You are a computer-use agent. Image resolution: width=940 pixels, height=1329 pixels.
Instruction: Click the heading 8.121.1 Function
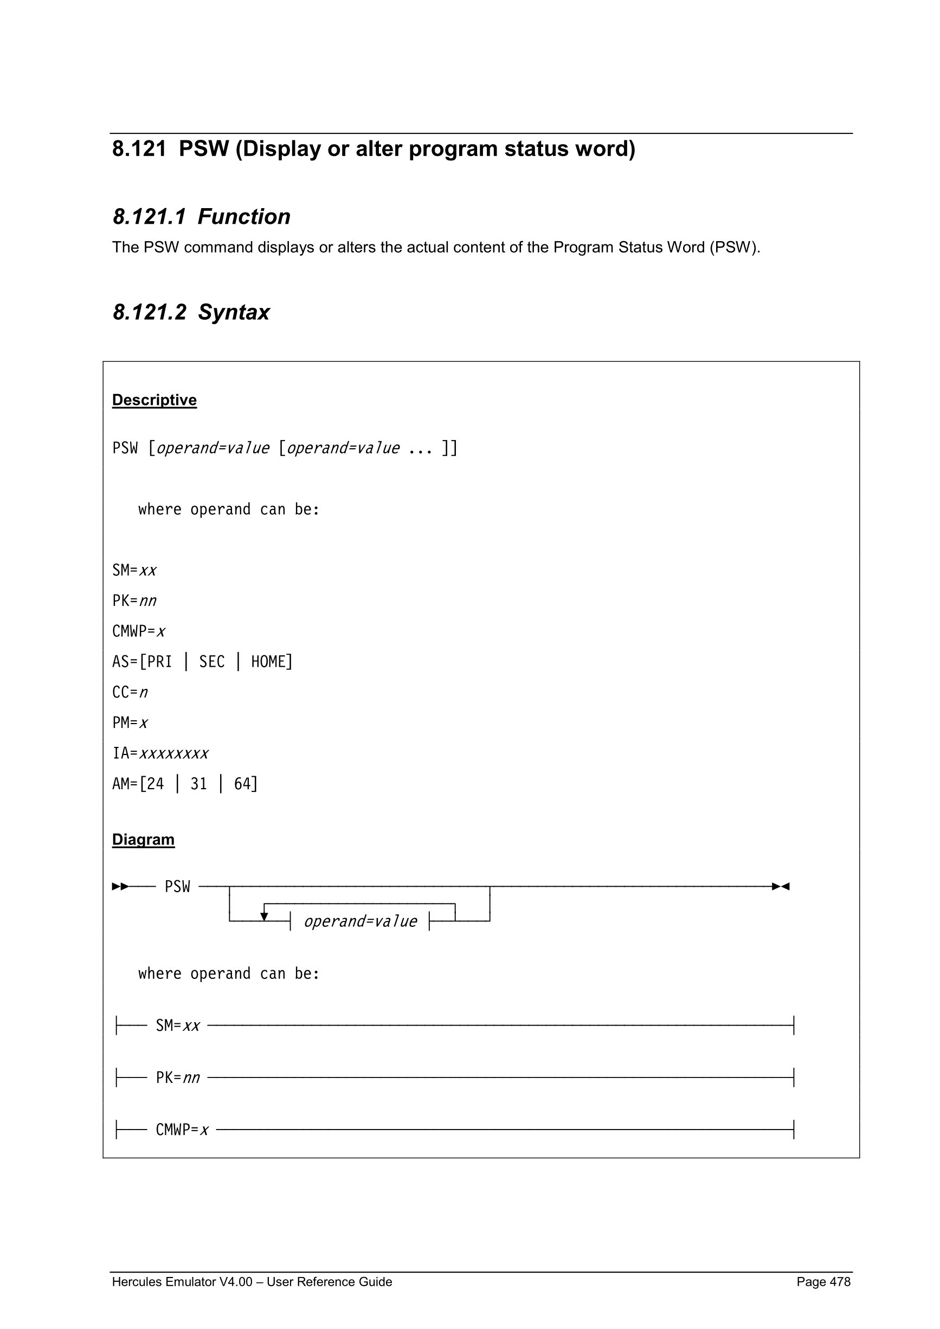(x=201, y=216)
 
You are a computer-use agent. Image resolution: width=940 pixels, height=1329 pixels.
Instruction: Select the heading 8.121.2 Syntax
(x=191, y=312)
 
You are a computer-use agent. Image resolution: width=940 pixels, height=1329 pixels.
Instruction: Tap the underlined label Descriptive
(x=154, y=400)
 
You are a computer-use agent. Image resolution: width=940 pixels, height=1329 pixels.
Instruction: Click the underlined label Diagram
(x=143, y=840)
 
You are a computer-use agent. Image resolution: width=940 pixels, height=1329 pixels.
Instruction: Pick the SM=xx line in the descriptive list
(x=134, y=570)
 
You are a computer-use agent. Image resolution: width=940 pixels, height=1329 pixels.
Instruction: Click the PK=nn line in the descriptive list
(x=134, y=601)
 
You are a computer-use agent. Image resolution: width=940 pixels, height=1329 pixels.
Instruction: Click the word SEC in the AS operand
(x=211, y=662)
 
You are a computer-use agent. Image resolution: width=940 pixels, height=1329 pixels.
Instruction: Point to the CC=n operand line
(x=130, y=692)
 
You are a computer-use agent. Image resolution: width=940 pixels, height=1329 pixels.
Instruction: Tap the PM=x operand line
(x=130, y=723)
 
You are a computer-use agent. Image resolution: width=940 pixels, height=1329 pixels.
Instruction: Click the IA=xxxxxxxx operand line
(x=160, y=753)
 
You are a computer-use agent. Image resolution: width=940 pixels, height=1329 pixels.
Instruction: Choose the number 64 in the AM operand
(x=242, y=784)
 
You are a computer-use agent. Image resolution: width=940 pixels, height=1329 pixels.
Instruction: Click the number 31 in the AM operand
(x=198, y=784)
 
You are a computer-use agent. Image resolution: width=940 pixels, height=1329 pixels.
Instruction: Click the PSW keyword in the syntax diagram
(x=177, y=886)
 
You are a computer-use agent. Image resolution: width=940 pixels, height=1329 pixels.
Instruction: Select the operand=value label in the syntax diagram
(x=360, y=921)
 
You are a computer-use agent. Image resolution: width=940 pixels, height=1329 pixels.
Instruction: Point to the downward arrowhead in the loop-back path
(x=264, y=917)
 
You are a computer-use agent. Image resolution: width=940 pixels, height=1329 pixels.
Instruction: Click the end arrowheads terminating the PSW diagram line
(x=781, y=886)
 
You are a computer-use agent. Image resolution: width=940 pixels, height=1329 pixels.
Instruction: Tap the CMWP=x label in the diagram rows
(x=182, y=1130)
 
